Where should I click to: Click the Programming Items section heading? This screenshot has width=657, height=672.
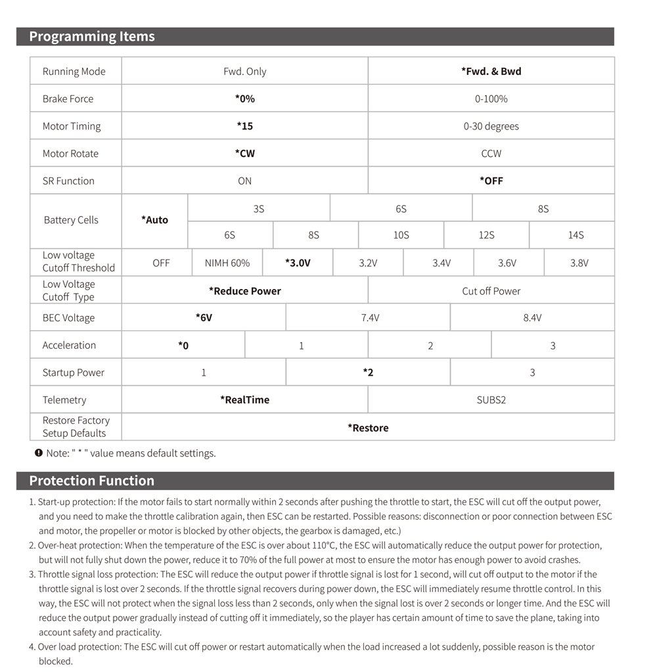pyautogui.click(x=92, y=37)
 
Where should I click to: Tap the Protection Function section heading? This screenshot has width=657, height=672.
pyautogui.click(x=91, y=481)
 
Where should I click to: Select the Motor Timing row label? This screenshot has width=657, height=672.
pyautogui.click(x=72, y=126)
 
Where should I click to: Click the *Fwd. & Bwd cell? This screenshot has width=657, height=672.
pyautogui.click(x=491, y=71)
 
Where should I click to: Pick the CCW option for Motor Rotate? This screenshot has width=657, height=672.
pyautogui.click(x=491, y=154)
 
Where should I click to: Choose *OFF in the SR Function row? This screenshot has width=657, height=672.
pyautogui.click(x=491, y=181)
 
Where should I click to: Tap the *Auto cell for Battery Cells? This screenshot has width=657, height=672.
pyautogui.click(x=155, y=220)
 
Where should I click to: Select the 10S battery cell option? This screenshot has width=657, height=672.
pyautogui.click(x=401, y=235)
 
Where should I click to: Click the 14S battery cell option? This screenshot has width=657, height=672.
pyautogui.click(x=576, y=235)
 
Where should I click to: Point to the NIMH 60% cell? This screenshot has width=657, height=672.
pyautogui.click(x=227, y=263)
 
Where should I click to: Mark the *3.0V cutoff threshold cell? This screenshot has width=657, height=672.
pyautogui.click(x=298, y=263)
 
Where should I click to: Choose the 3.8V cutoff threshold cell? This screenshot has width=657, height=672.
pyautogui.click(x=579, y=263)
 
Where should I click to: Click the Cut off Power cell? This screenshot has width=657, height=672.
pyautogui.click(x=491, y=291)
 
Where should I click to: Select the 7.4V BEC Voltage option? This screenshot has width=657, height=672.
pyautogui.click(x=370, y=318)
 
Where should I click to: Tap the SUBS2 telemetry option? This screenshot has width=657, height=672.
pyautogui.click(x=491, y=400)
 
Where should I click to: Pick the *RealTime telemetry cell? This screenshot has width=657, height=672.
pyautogui.click(x=244, y=400)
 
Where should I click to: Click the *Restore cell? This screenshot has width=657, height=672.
pyautogui.click(x=368, y=428)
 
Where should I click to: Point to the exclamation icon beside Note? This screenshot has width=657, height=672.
pyautogui.click(x=39, y=453)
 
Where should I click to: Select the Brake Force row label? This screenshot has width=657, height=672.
pyautogui.click(x=68, y=99)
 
